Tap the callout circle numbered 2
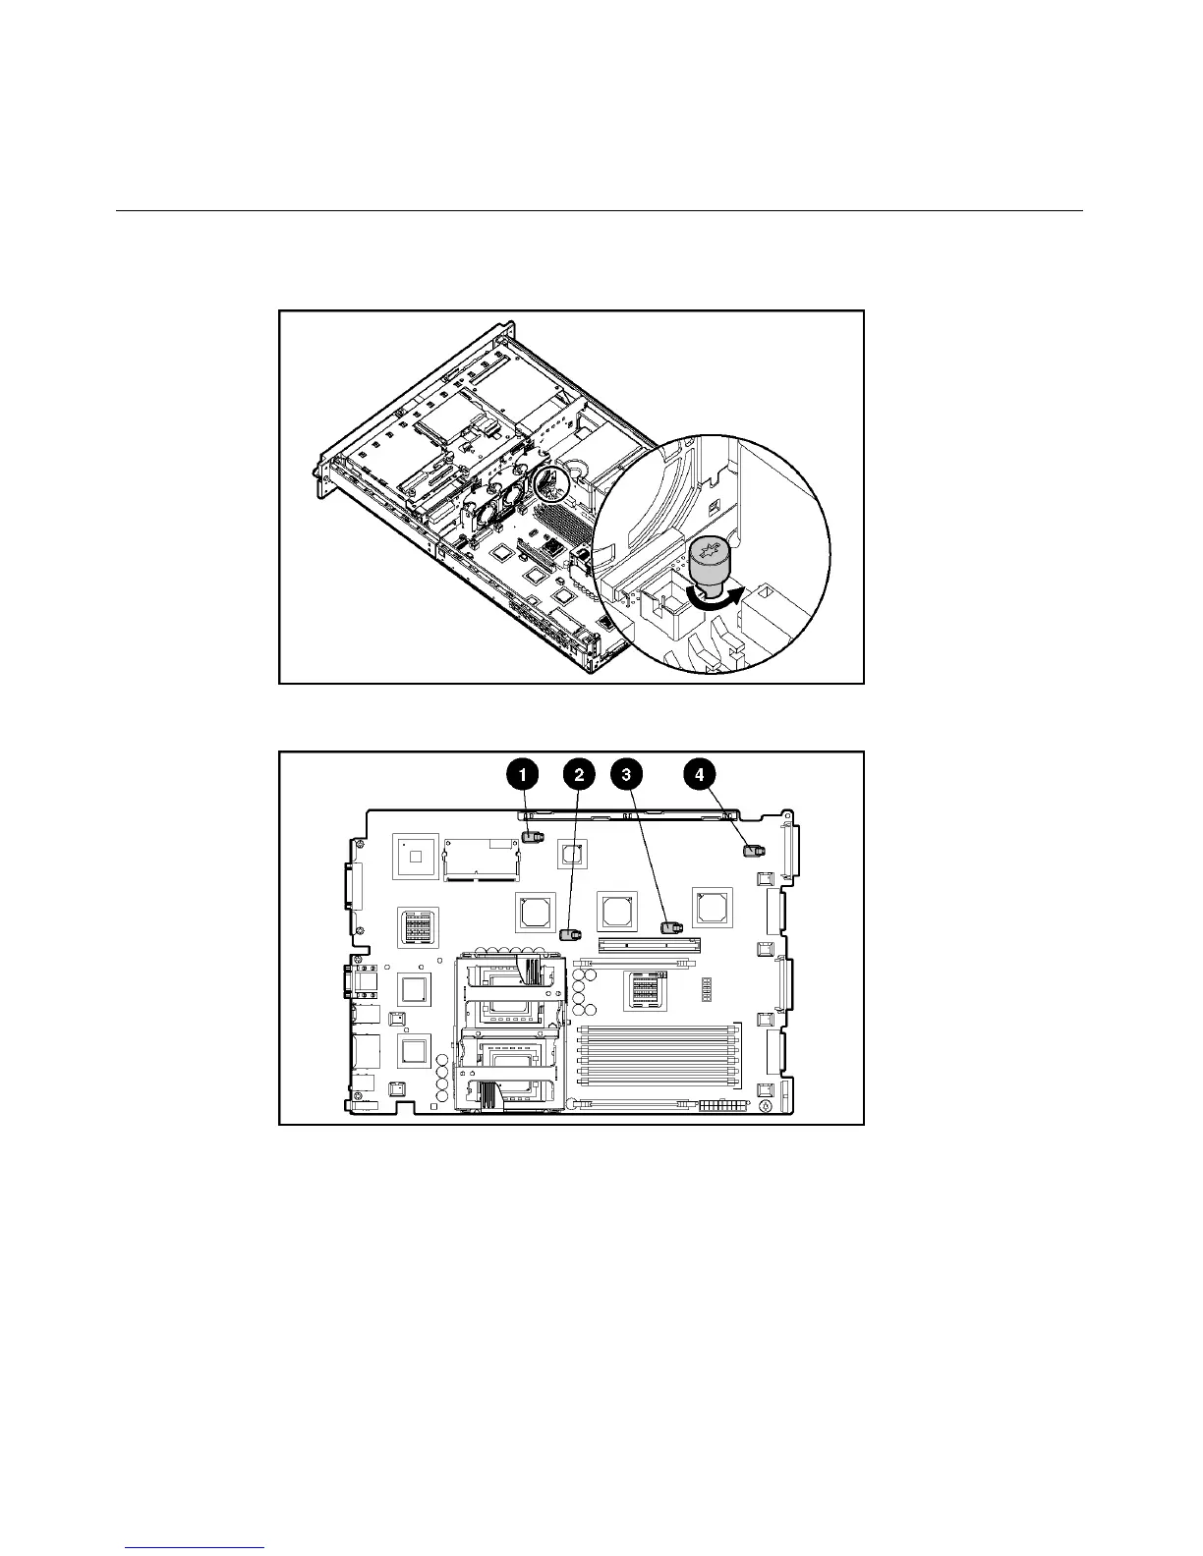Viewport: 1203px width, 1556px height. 579,774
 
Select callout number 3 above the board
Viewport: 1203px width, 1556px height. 623,774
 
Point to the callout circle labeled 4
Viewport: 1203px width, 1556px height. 699,774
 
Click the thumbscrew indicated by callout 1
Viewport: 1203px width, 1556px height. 533,838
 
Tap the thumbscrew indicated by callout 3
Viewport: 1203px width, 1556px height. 672,926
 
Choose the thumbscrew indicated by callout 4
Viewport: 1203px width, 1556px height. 754,850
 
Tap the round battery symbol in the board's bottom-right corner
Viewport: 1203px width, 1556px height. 766,1105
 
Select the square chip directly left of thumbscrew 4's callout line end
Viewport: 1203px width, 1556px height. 712,906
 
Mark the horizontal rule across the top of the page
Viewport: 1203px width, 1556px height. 600,210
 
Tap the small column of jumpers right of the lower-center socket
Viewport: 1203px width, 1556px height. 706,989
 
